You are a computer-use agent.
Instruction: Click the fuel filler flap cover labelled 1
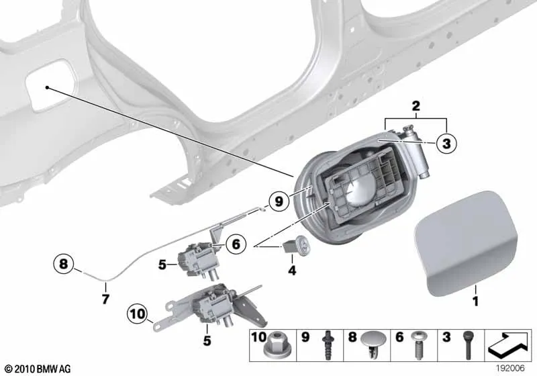pyautogui.click(x=466, y=243)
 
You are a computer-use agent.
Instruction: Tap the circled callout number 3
pyautogui.click(x=446, y=144)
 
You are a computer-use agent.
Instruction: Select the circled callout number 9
pyautogui.click(x=279, y=201)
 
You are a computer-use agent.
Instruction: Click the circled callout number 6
pyautogui.click(x=236, y=244)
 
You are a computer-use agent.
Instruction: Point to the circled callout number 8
pyautogui.click(x=64, y=264)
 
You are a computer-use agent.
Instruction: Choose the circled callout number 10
pyautogui.click(x=138, y=314)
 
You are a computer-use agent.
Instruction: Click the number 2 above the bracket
pyautogui.click(x=416, y=106)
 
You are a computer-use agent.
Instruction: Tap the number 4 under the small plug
pyautogui.click(x=292, y=271)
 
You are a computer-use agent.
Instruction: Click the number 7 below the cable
pyautogui.click(x=106, y=299)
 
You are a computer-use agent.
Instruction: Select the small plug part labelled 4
pyautogui.click(x=297, y=244)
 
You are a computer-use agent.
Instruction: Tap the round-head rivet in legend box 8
pyautogui.click(x=373, y=342)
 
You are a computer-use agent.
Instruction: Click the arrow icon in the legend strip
pyautogui.click(x=508, y=344)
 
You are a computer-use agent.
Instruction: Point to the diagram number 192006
pyautogui.click(x=510, y=368)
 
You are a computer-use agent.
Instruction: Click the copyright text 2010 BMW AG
pyautogui.click(x=38, y=369)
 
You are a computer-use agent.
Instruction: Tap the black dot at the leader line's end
pyautogui.click(x=47, y=88)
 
